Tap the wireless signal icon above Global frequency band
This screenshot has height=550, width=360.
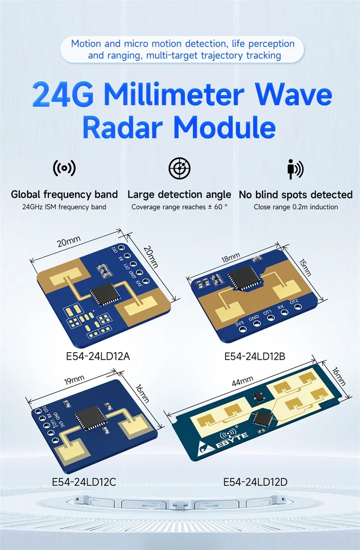pyautogui.click(x=64, y=169)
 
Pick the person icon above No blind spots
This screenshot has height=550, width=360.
pyautogui.click(x=295, y=169)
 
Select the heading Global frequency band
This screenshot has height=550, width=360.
pyautogui.click(x=64, y=195)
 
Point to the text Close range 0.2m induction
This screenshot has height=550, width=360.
pyautogui.click(x=296, y=207)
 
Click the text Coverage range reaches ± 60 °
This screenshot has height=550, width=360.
pyautogui.click(x=179, y=207)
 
